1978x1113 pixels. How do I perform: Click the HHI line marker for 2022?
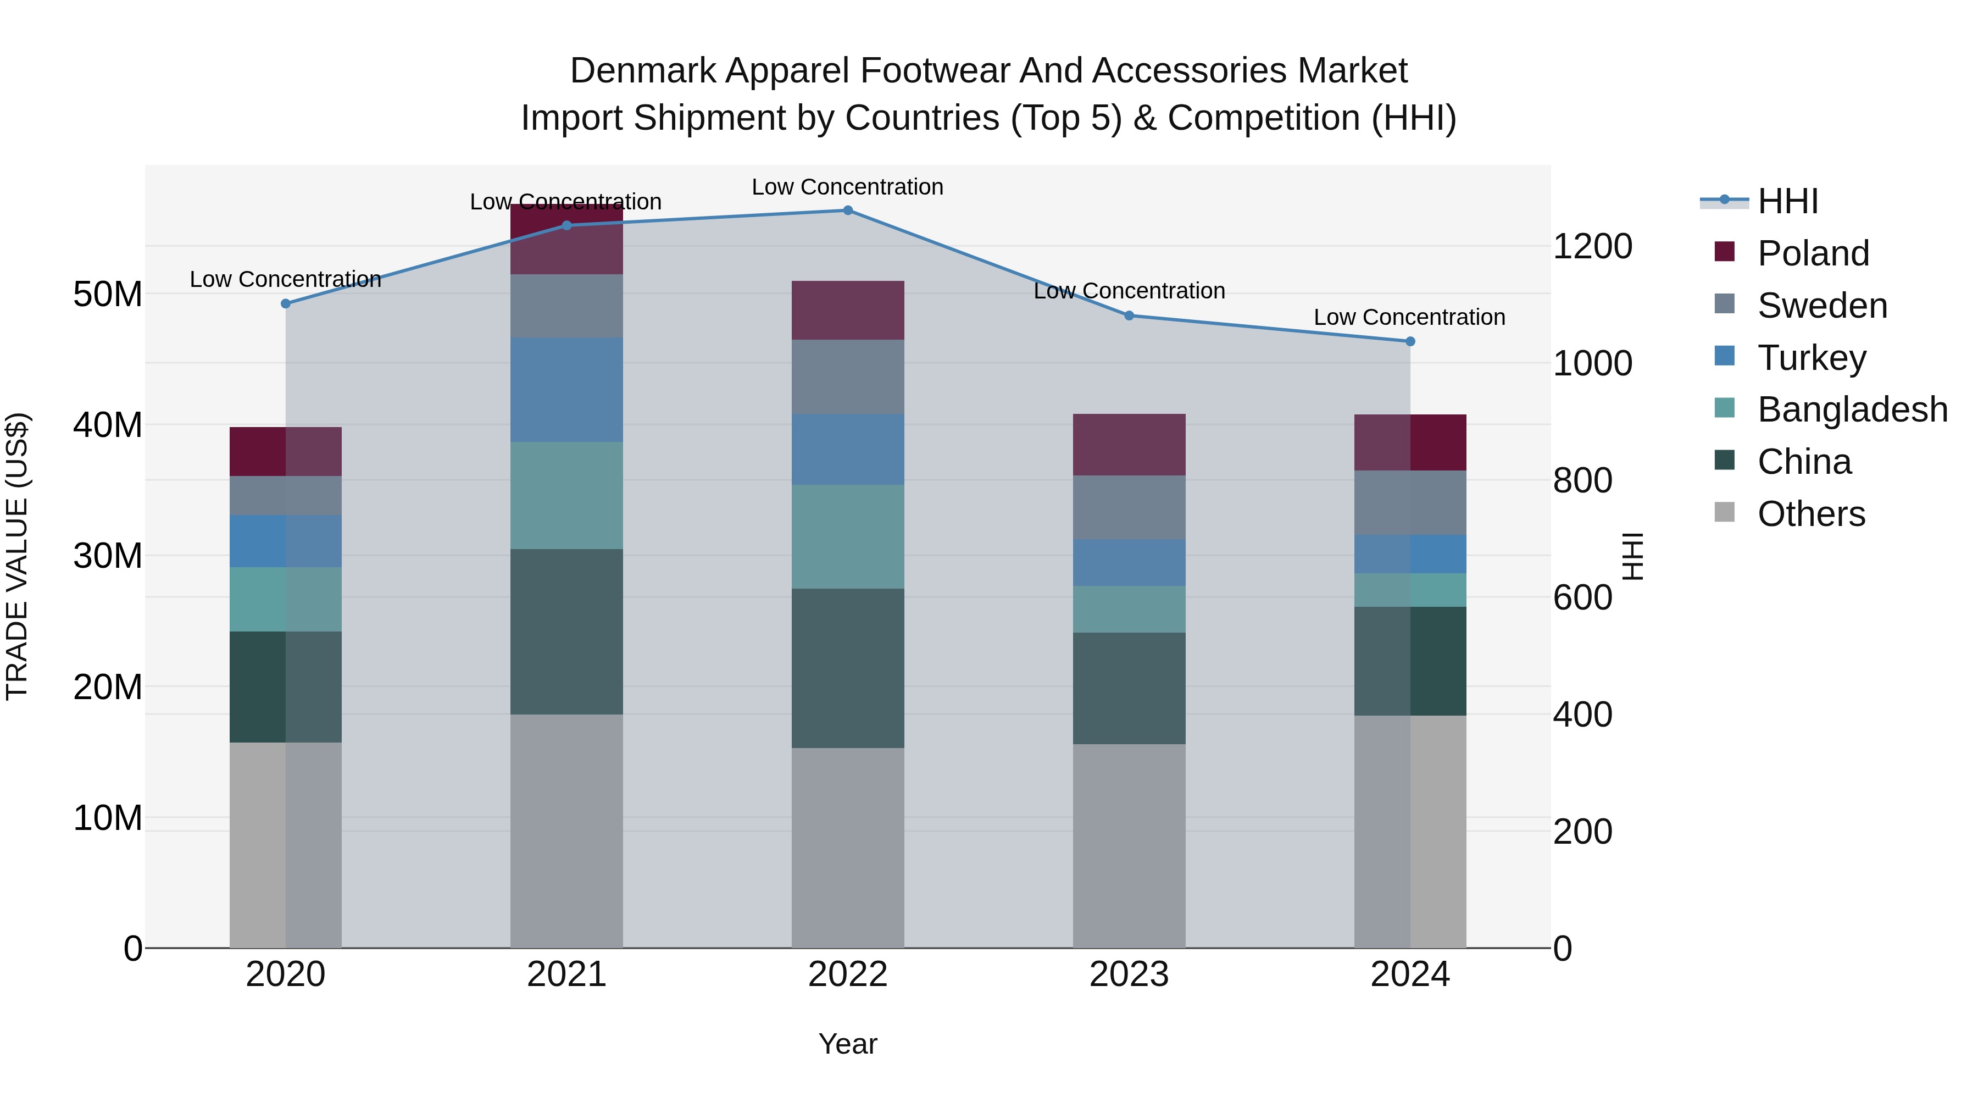click(x=848, y=211)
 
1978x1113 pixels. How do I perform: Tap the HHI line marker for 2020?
click(x=286, y=303)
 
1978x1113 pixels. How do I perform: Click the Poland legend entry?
click(x=1812, y=253)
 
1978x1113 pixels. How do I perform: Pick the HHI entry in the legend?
click(x=1787, y=201)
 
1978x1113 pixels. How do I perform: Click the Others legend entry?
click(x=1810, y=514)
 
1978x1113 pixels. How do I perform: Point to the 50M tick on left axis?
click(x=108, y=294)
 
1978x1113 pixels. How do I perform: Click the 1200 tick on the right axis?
click(x=1592, y=247)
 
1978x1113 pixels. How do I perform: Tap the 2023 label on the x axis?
click(x=1129, y=974)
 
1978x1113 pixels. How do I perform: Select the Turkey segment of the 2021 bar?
click(x=566, y=390)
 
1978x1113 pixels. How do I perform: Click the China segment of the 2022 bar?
click(x=848, y=668)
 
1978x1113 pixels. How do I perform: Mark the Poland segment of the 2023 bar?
click(x=1129, y=445)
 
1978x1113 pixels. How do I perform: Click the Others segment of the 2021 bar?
click(x=566, y=831)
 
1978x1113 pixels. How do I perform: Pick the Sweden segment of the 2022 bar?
click(x=848, y=376)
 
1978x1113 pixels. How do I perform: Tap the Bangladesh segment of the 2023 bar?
click(x=1129, y=609)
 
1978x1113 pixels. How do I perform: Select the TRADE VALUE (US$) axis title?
click(x=17, y=556)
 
